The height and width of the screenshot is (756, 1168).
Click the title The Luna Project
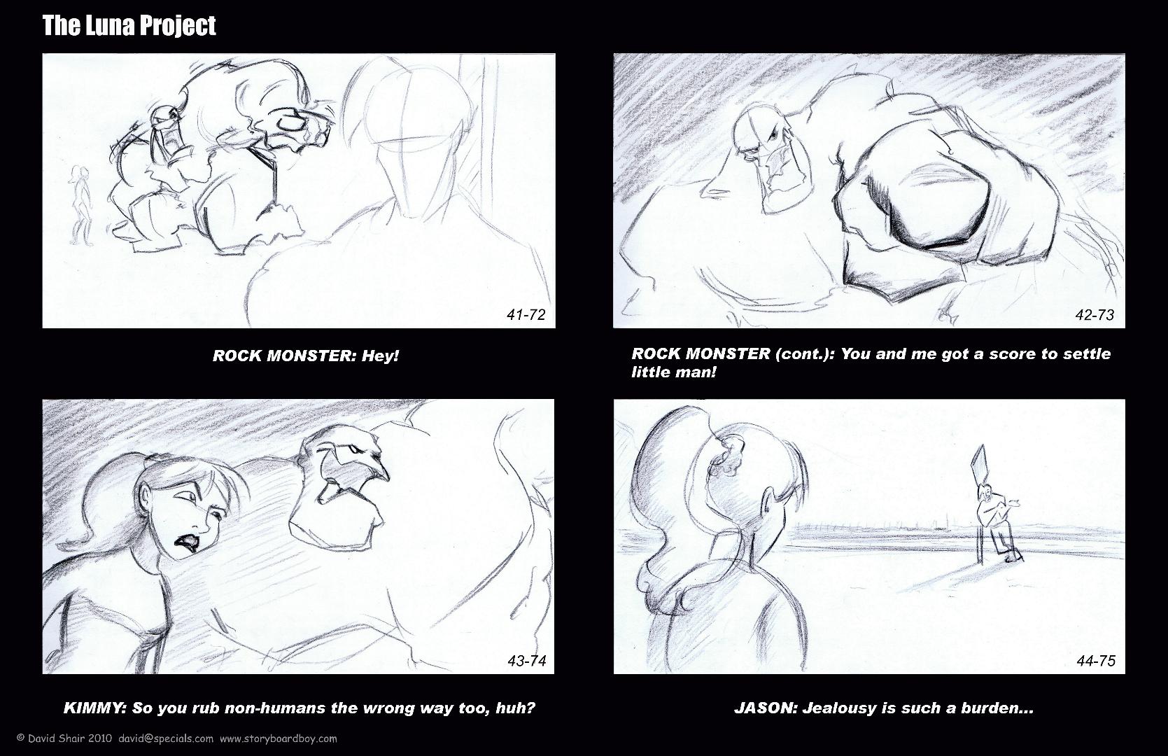tap(129, 26)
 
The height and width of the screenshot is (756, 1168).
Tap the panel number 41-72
tap(526, 314)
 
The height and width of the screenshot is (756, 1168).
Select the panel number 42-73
tap(1095, 314)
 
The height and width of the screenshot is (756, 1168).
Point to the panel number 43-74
tap(527, 661)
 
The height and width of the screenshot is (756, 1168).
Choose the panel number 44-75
tap(1096, 661)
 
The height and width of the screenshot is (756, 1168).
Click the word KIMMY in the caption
tap(95, 708)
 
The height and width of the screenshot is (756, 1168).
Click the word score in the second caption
tap(1013, 353)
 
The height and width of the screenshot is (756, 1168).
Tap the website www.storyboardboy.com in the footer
tap(278, 738)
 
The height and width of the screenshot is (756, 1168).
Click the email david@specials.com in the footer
tap(166, 738)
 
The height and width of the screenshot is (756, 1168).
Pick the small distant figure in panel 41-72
tap(80, 204)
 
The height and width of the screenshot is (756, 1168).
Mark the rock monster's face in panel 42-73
tap(769, 157)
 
